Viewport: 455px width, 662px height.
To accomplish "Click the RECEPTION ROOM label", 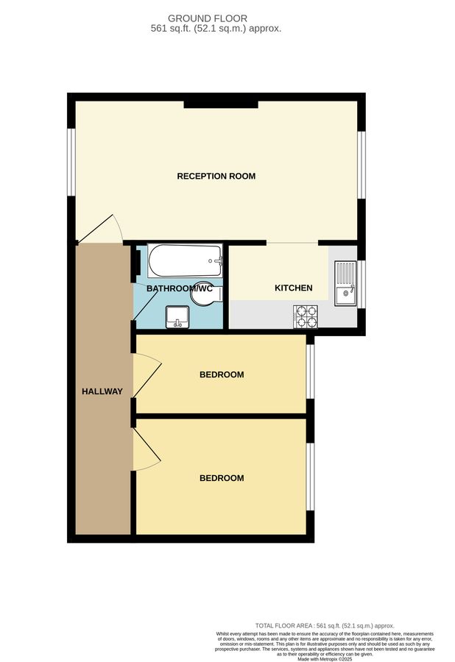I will (x=216, y=176).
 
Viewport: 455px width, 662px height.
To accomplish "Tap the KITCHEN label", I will (x=293, y=288).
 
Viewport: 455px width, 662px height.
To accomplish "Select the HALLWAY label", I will (x=102, y=391).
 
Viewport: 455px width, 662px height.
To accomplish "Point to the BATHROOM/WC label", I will (x=179, y=288).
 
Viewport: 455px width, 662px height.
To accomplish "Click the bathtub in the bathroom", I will (x=185, y=259).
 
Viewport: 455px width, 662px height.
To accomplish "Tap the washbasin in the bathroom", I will (x=177, y=317).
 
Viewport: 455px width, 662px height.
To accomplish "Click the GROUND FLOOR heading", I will (x=208, y=18).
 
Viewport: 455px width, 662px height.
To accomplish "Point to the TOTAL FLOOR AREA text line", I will (x=325, y=625).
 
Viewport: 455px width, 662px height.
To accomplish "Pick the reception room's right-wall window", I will (x=361, y=165).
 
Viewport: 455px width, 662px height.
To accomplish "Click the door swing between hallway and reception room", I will (x=100, y=229).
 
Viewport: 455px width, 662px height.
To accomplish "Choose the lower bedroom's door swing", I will (x=147, y=449).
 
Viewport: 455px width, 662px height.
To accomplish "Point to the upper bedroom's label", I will (x=222, y=374).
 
